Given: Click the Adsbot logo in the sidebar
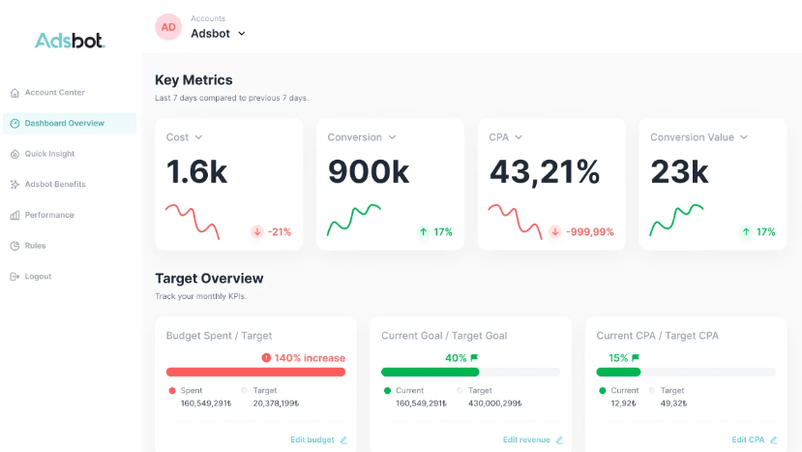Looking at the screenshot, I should [70, 41].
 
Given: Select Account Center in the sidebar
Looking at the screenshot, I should [54, 93].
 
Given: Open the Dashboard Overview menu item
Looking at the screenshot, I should [64, 124].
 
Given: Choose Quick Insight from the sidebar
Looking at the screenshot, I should [49, 154].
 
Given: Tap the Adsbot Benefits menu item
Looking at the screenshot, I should [55, 184].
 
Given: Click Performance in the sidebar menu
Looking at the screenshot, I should [49, 215].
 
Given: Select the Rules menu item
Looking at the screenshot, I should [35, 246].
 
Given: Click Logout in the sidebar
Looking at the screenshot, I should [38, 277].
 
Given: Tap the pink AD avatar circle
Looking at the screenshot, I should [168, 27].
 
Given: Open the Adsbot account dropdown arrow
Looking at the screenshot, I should [242, 34].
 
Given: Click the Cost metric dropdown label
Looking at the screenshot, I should [184, 137].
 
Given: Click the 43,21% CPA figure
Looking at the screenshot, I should [544, 171].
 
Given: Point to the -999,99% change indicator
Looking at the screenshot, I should [581, 232].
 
